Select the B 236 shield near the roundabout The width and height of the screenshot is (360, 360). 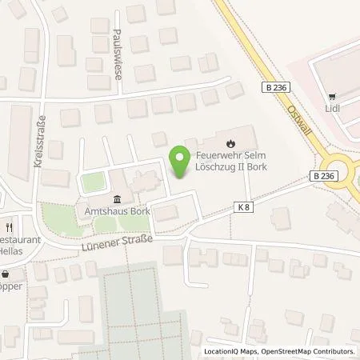(321, 176)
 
